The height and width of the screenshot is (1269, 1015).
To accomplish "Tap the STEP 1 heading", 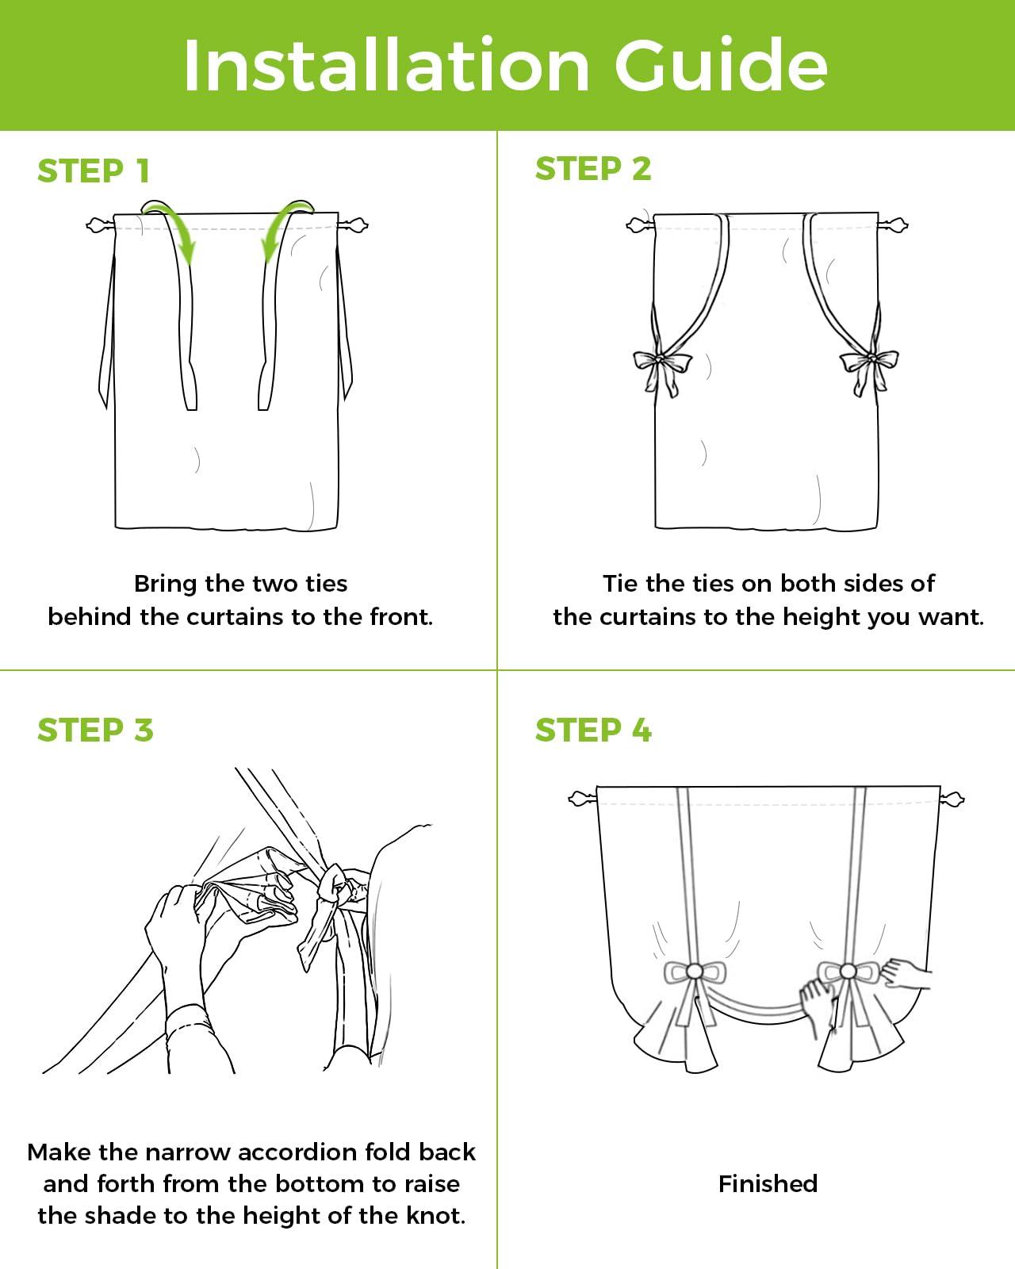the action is tap(94, 171).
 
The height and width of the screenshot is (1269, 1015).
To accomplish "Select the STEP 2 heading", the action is tap(593, 169).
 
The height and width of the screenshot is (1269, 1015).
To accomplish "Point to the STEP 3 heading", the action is tap(95, 730).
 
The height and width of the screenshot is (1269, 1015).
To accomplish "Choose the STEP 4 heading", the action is tap(593, 730).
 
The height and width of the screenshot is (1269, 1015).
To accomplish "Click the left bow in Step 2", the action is tap(661, 369).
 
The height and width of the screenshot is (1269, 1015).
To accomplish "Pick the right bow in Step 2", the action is tap(869, 369).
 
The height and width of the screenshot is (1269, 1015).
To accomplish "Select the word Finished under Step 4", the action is tap(768, 1183).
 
